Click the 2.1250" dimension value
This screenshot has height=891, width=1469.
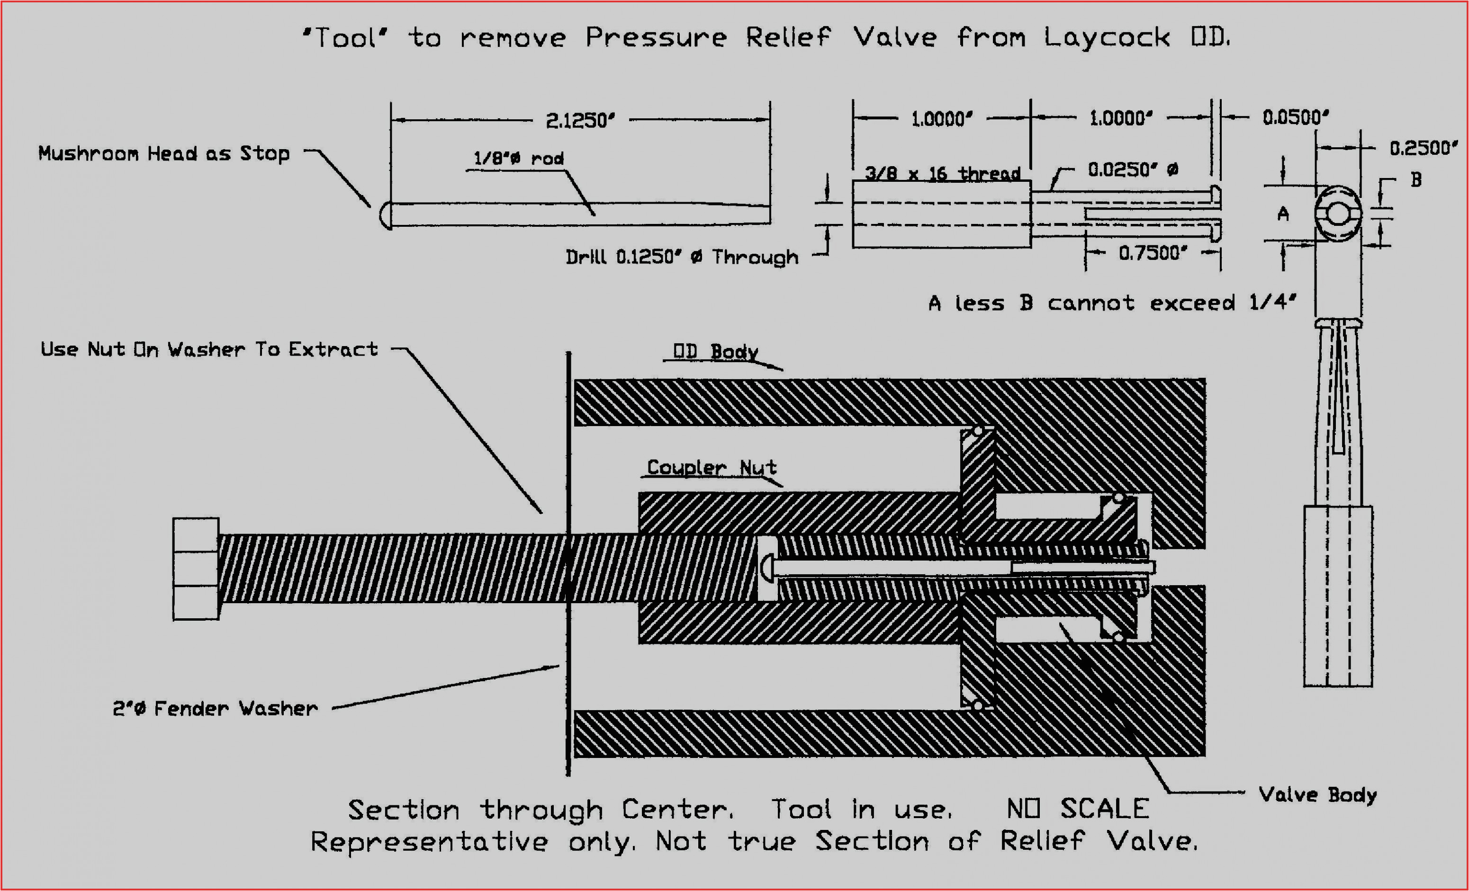click(579, 121)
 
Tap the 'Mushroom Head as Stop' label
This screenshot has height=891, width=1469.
click(164, 154)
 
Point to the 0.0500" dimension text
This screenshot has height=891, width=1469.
click(1295, 117)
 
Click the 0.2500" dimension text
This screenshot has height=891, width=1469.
click(1423, 148)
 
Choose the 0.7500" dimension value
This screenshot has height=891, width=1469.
click(1152, 253)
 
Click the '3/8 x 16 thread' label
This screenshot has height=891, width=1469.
click(942, 173)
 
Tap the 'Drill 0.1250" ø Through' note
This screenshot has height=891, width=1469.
click(681, 258)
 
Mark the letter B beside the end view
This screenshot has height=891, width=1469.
click(1416, 179)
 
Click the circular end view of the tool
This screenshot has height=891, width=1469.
click(1337, 214)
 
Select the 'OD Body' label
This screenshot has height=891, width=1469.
click(715, 352)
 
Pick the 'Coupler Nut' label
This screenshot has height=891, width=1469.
click(711, 467)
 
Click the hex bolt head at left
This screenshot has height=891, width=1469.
click(196, 569)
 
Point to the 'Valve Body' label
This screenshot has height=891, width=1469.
click(1317, 794)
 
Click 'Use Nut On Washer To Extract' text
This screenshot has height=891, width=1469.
click(208, 349)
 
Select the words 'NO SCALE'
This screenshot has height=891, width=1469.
click(1077, 809)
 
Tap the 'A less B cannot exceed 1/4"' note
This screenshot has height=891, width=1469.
click(1112, 303)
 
